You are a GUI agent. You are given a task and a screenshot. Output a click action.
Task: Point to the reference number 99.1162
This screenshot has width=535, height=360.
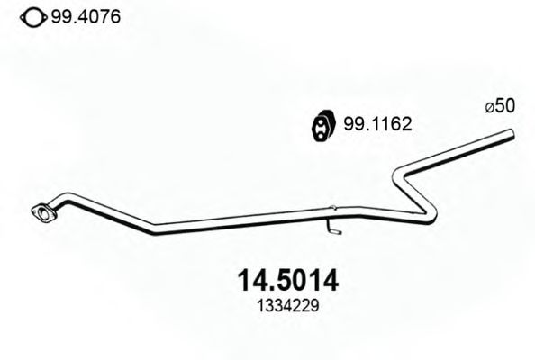[x=376, y=126]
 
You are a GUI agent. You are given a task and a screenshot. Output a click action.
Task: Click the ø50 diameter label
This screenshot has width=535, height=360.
[x=500, y=106]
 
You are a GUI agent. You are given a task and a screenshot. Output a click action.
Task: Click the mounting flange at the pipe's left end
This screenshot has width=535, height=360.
[x=41, y=213]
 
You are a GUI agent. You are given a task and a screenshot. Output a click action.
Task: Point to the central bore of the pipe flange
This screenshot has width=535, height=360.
[x=41, y=213]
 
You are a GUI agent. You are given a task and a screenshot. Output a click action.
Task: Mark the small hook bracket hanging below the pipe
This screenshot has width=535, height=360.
[x=334, y=229]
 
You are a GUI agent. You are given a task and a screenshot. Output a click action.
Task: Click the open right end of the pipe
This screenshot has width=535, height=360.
[x=510, y=135]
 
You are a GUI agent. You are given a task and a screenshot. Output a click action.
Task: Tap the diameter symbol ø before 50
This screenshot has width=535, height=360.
[x=489, y=107]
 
